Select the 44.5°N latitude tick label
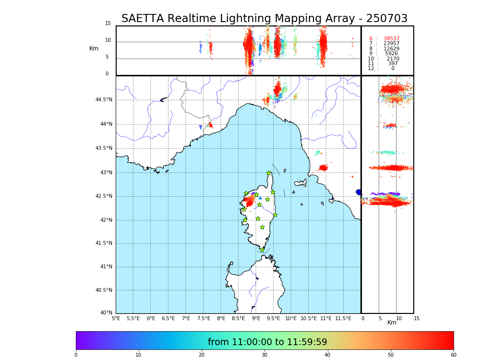[104, 100]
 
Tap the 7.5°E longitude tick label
[204, 318]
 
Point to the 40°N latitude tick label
[106, 313]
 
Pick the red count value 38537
[391, 39]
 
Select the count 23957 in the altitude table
[391, 44]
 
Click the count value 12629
[391, 49]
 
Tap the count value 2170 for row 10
[393, 59]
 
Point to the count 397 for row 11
[393, 64]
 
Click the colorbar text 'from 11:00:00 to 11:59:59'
[267, 342]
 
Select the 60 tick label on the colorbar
[453, 355]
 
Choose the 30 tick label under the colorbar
[264, 355]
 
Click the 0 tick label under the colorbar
[76, 355]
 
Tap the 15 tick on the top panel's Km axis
[108, 24]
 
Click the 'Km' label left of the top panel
[94, 48]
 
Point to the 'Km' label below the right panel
[392, 323]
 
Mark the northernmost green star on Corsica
[269, 173]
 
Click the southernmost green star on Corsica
[262, 250]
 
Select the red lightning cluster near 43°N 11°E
[323, 168]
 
